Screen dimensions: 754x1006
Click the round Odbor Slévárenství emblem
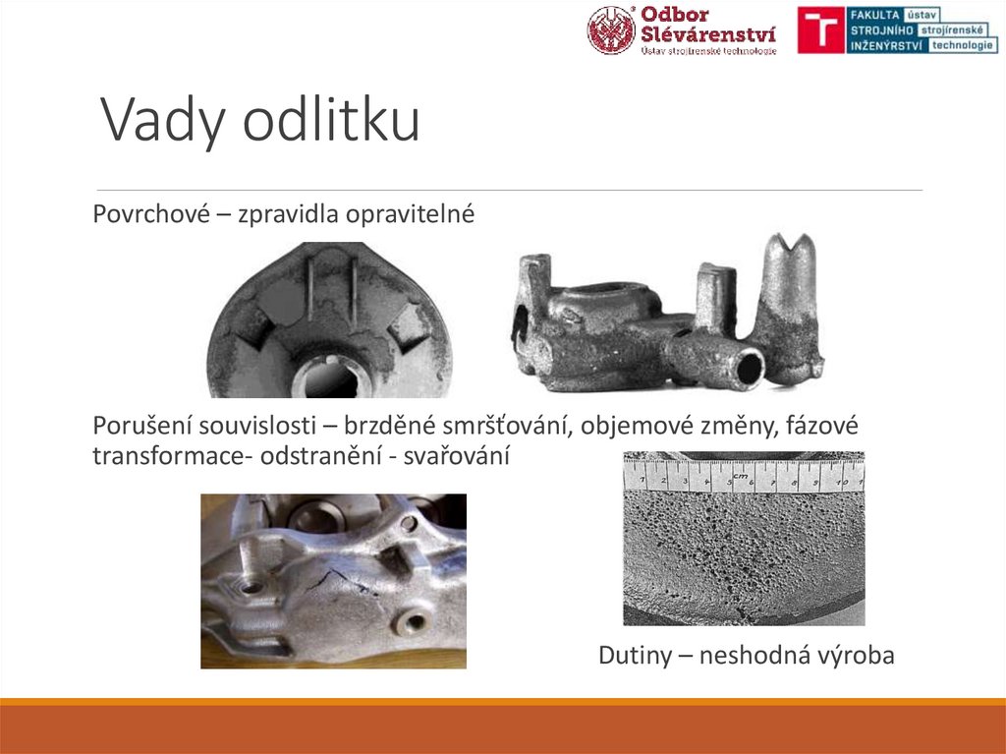coord(611,29)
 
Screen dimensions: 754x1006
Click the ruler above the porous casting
coord(744,477)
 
